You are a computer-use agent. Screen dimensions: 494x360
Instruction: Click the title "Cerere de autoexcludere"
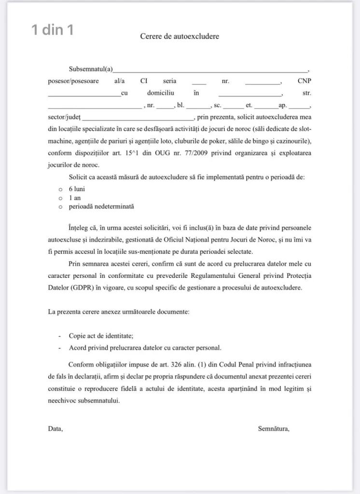coord(180,36)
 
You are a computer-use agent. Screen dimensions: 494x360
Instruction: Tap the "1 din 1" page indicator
coord(53,30)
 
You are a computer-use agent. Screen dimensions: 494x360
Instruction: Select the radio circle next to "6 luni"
coord(61,189)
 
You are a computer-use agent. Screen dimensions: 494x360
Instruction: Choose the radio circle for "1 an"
coord(61,198)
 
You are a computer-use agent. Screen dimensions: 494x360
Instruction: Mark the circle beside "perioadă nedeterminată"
coord(61,206)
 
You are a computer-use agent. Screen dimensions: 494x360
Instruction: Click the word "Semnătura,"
coord(274,428)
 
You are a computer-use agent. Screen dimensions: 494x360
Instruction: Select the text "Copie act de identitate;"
coord(101,336)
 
